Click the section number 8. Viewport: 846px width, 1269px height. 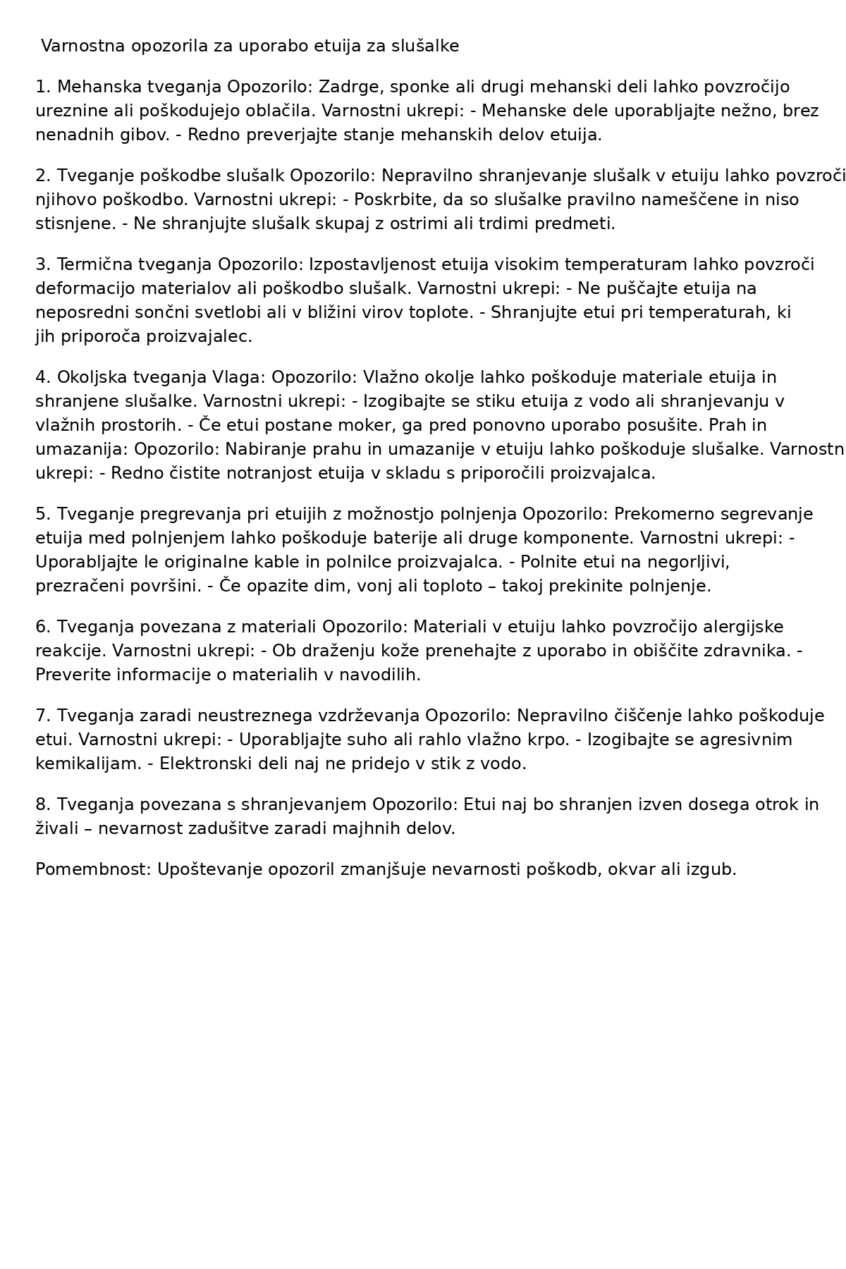click(43, 805)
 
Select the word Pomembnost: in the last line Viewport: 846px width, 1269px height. click(93, 870)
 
